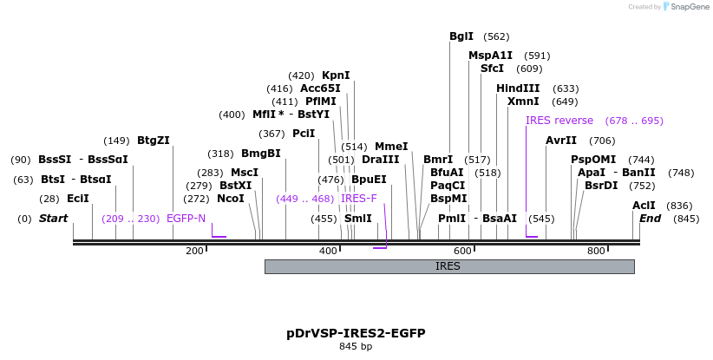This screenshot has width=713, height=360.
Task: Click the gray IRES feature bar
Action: (x=449, y=266)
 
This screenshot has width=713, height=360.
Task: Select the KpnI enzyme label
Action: (x=336, y=75)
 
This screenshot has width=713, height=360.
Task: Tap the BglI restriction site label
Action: (x=461, y=36)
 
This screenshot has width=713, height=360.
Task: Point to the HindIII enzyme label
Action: (x=518, y=88)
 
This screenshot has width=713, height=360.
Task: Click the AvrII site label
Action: (x=561, y=141)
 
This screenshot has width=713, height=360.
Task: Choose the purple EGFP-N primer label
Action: (x=186, y=219)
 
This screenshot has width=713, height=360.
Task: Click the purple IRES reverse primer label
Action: (x=559, y=121)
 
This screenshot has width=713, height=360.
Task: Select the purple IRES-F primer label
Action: (x=359, y=199)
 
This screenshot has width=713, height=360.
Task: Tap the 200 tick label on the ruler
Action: (x=194, y=252)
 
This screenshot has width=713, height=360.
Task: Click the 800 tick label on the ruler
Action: (x=596, y=252)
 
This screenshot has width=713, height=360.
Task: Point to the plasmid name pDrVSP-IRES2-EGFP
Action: (x=356, y=333)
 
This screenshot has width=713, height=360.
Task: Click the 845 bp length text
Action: (x=356, y=347)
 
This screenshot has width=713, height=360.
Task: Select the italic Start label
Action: (x=53, y=219)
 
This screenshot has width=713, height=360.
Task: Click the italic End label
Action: (x=650, y=219)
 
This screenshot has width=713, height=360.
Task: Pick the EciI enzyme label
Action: (x=78, y=199)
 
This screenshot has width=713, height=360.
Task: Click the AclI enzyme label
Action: (x=644, y=206)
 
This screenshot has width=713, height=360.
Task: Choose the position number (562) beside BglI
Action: (x=496, y=36)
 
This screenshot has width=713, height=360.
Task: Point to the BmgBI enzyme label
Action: (x=261, y=154)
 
